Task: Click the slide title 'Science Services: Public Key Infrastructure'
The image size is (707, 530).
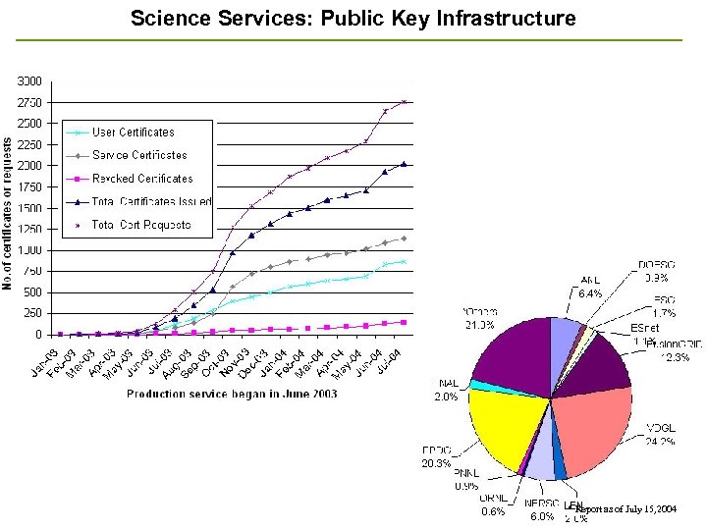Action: click(353, 19)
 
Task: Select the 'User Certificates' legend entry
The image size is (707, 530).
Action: click(133, 132)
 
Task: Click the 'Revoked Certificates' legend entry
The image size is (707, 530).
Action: click(142, 179)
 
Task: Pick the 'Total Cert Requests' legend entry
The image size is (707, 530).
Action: click(141, 225)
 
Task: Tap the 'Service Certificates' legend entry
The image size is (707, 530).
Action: click(139, 155)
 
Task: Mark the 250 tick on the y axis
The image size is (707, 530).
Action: click(32, 313)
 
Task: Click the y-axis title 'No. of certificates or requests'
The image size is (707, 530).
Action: click(8, 213)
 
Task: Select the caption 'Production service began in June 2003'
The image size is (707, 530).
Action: click(232, 394)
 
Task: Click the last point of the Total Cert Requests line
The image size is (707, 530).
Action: click(404, 101)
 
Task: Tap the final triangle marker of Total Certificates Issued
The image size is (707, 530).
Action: click(404, 164)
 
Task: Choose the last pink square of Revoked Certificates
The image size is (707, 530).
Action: click(404, 322)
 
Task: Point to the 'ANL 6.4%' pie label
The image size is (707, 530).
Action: click(590, 287)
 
